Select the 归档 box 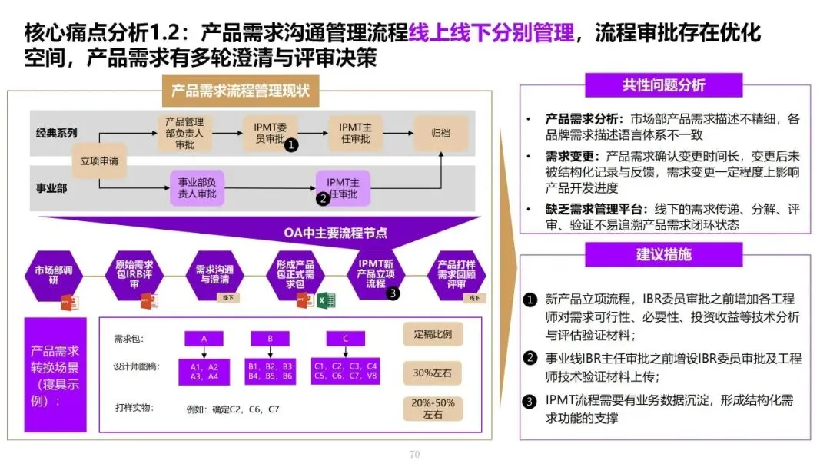(x=441, y=133)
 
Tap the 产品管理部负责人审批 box (x=184, y=133)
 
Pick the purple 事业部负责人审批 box (x=197, y=188)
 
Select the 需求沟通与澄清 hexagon (x=214, y=275)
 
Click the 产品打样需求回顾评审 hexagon (x=456, y=274)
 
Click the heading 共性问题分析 (x=663, y=85)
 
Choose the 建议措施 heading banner (x=663, y=254)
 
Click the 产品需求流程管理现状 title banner (x=241, y=90)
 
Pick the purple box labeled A (x=204, y=339)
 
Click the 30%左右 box (x=433, y=373)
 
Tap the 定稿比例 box (x=433, y=335)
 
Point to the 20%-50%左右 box (x=433, y=408)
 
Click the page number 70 (x=414, y=454)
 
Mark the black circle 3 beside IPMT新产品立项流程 (x=393, y=293)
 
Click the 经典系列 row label (x=56, y=132)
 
